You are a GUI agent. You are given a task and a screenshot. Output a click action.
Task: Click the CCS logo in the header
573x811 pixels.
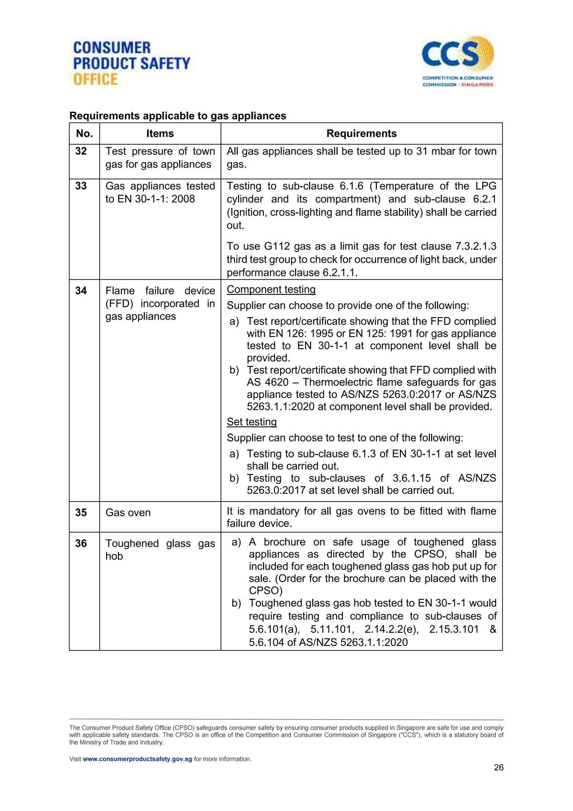[458, 62]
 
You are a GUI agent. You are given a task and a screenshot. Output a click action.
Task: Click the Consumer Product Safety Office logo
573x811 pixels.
[132, 63]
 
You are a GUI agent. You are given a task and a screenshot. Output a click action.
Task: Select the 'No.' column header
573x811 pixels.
[85, 133]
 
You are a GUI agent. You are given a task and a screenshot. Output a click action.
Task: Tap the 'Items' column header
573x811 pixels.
[160, 133]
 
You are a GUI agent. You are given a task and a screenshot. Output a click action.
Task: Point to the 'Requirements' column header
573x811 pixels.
[361, 133]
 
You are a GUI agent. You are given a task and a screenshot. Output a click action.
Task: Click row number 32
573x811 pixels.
[81, 151]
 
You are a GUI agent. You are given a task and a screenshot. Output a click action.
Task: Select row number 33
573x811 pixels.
[81, 186]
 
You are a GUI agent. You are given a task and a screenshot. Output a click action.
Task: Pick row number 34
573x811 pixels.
[81, 290]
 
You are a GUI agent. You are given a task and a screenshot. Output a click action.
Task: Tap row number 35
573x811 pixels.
[81, 512]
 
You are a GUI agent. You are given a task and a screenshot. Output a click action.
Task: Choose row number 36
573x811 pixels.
[81, 543]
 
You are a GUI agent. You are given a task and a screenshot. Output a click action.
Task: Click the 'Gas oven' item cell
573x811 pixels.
[128, 512]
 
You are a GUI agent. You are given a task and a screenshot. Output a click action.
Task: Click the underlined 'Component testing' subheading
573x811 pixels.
[271, 289]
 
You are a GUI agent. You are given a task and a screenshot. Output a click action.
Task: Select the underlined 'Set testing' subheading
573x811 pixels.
[252, 422]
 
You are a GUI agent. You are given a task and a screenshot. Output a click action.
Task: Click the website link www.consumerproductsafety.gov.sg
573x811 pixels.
[137, 759]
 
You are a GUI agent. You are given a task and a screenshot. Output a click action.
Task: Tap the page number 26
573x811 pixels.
[498, 768]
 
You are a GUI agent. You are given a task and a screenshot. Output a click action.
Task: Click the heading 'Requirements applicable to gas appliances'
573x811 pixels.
[178, 116]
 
